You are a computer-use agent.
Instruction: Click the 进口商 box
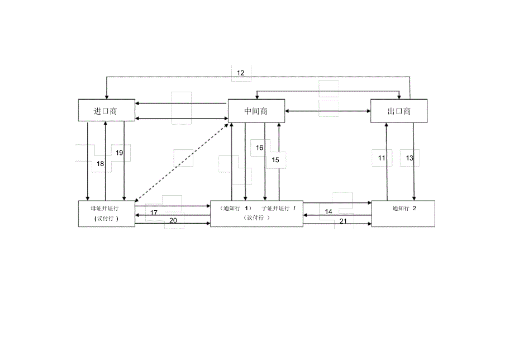107,110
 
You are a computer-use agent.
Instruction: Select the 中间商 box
256,111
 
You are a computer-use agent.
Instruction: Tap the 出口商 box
399,111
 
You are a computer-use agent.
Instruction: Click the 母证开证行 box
107,214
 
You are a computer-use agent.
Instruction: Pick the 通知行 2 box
403,214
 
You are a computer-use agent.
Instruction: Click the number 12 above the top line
241,73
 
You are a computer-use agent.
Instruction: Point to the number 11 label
382,158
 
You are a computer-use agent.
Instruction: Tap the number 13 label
410,158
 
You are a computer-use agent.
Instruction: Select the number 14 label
329,212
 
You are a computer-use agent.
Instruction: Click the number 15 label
275,160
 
